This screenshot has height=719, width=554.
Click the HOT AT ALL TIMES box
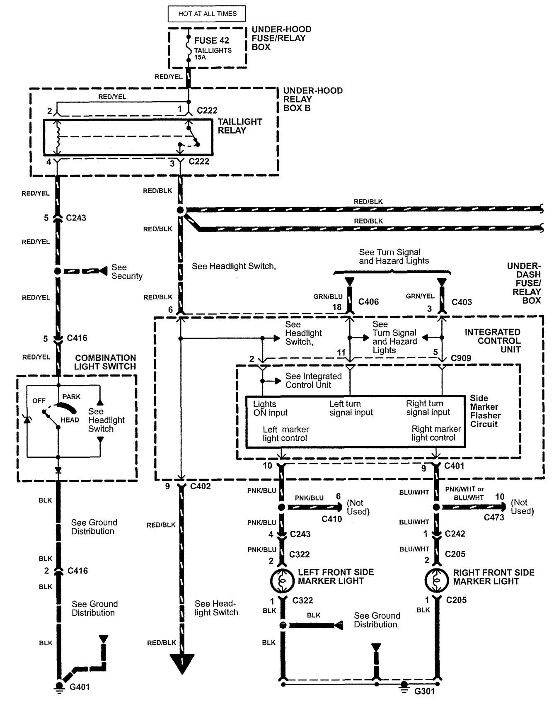tap(207, 14)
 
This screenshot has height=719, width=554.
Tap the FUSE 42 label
tap(212, 40)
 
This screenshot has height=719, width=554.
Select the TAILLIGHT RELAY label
tap(240, 126)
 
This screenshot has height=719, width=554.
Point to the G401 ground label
tap(80, 687)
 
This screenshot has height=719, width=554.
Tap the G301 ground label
tap(425, 691)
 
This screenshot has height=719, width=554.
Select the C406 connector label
tap(368, 302)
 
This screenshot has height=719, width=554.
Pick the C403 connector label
tap(462, 302)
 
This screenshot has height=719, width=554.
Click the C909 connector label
tap(461, 358)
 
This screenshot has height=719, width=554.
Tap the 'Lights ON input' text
tap(270, 408)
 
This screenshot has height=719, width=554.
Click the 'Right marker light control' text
tap(436, 433)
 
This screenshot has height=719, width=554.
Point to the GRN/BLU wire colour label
tap(328, 296)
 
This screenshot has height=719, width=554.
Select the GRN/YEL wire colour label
tap(420, 296)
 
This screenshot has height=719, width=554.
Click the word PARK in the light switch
tap(71, 397)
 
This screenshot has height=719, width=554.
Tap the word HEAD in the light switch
tap(70, 420)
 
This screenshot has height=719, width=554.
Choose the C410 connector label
tap(331, 519)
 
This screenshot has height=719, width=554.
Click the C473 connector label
tap(494, 517)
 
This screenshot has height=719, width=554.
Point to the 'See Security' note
tap(126, 272)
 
